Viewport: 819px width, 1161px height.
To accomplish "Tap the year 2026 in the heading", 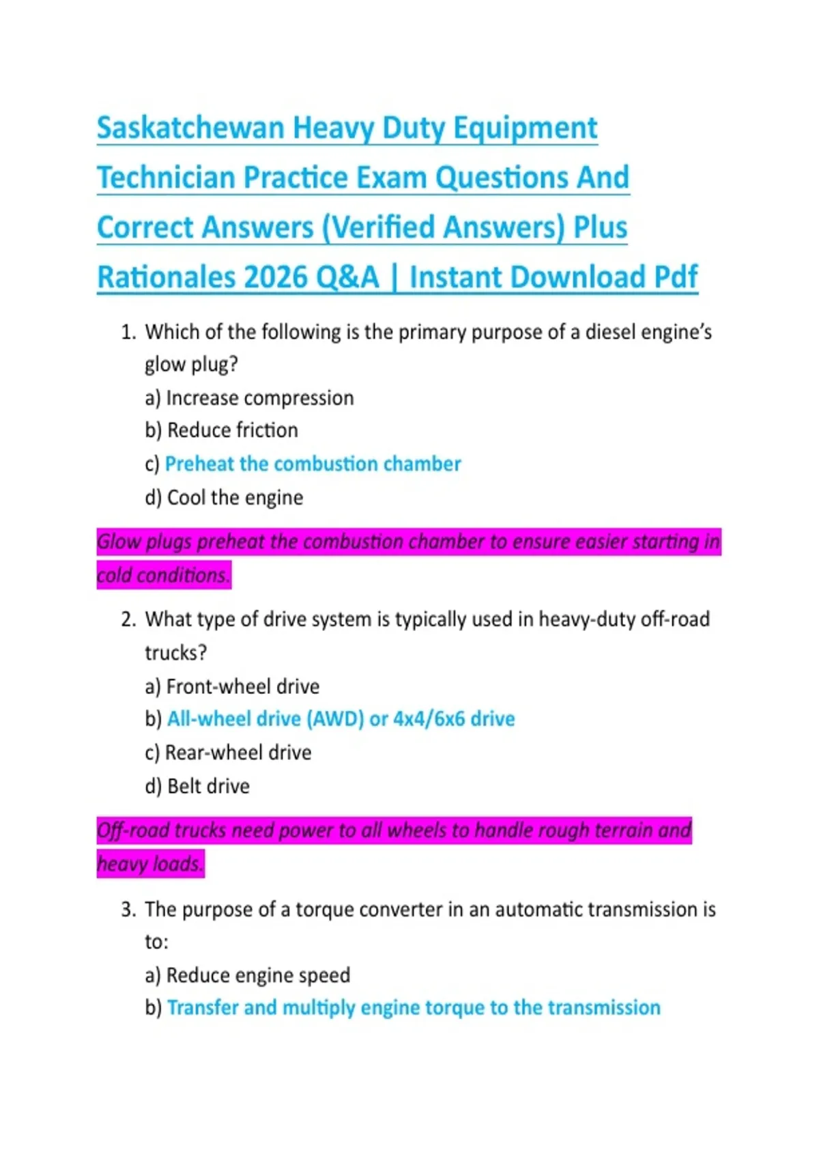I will pyautogui.click(x=275, y=277).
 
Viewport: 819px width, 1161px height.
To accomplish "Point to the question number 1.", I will pyautogui.click(x=128, y=333).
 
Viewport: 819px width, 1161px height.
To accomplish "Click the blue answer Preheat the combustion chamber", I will pyautogui.click(x=313, y=464).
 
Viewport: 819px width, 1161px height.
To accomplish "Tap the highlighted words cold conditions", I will pyautogui.click(x=162, y=575).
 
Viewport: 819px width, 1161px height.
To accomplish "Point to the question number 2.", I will pyautogui.click(x=128, y=619).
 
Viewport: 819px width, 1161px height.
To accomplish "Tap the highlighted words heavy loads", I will pyautogui.click(x=150, y=864).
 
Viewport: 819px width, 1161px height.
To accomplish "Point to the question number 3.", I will pyautogui.click(x=128, y=910).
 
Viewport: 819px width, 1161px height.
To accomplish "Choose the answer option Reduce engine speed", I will pyautogui.click(x=258, y=975).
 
